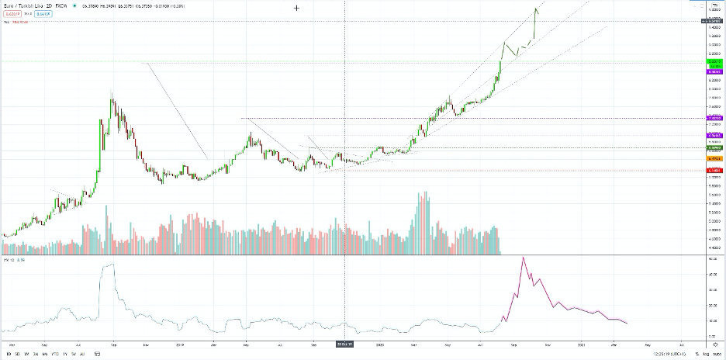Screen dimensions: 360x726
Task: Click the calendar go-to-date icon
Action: (x=98, y=354)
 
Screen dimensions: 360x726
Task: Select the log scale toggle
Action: (x=706, y=354)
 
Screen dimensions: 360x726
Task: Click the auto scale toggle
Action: (x=717, y=354)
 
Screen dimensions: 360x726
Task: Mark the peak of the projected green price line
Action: (x=537, y=9)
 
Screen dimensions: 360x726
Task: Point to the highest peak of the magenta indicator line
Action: (x=524, y=257)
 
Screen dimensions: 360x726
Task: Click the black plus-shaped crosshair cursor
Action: (x=297, y=7)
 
